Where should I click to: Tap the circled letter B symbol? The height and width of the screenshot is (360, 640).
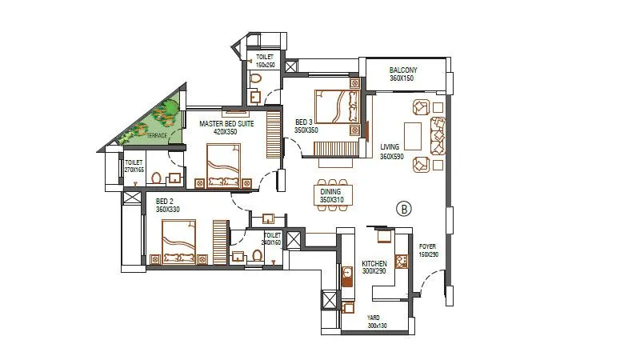point(405,210)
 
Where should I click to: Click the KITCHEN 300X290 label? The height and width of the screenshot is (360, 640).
point(374,267)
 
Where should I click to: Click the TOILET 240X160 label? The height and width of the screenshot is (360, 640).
point(271,238)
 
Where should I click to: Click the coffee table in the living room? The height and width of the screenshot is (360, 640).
point(412,135)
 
